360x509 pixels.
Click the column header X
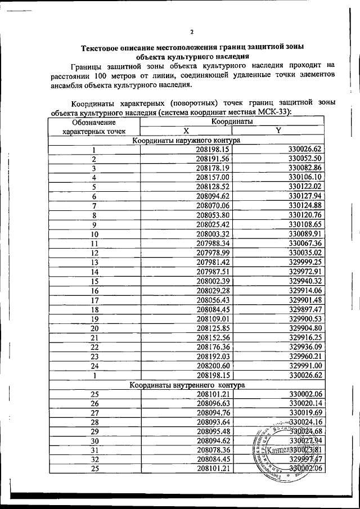[x=186, y=130]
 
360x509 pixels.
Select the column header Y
[x=278, y=130]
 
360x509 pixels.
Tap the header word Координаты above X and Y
[x=231, y=121]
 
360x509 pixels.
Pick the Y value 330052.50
[x=304, y=159]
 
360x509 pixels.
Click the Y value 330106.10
[x=304, y=177]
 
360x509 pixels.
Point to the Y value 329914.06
[x=304, y=290]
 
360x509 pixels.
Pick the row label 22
[x=94, y=346]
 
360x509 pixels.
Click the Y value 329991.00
[x=304, y=365]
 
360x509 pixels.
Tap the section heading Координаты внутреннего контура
[x=186, y=385]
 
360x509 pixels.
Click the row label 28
[x=94, y=422]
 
